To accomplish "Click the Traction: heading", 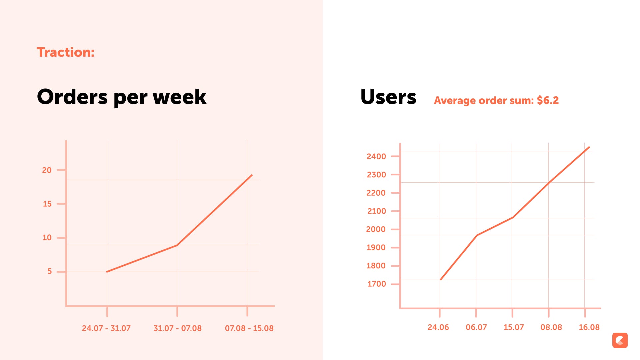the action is [x=66, y=52].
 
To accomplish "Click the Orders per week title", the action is [x=122, y=97].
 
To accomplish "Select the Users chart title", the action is [x=388, y=97].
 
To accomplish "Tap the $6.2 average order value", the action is [x=548, y=100].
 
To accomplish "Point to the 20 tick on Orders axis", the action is [x=47, y=170].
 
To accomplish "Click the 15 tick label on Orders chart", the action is [x=47, y=204].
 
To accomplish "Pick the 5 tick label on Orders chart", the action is [x=50, y=271].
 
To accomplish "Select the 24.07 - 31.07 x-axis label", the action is [x=106, y=328].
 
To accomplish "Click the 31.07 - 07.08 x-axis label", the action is [x=178, y=328].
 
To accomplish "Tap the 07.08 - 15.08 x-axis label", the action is [x=249, y=328].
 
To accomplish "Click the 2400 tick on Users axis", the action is [x=376, y=156].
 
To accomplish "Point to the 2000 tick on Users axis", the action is [x=376, y=229].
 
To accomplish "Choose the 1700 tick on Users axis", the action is [x=377, y=284].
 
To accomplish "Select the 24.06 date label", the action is [x=438, y=327].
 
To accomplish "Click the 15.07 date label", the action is [x=514, y=327].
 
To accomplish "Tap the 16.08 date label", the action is [x=589, y=327].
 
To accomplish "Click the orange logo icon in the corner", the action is [x=620, y=340].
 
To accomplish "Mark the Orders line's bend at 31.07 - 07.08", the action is [x=177, y=245].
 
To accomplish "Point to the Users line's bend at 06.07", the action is [x=477, y=235].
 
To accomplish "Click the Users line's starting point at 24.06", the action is [x=441, y=279].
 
